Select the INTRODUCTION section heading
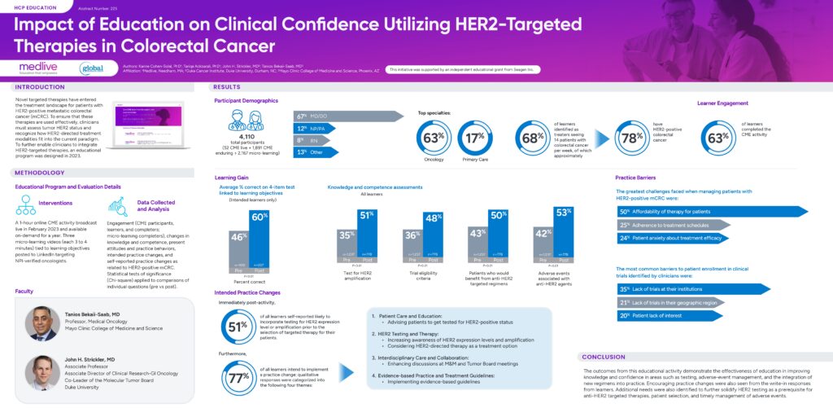[x=41, y=86]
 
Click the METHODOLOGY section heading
[x=40, y=173]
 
